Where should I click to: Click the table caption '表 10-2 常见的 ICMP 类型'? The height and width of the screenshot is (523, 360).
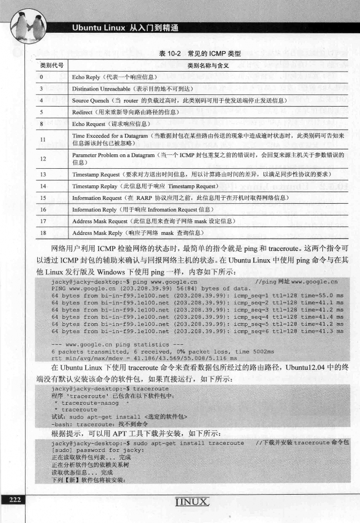196,53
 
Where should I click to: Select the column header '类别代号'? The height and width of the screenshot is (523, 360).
51,66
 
